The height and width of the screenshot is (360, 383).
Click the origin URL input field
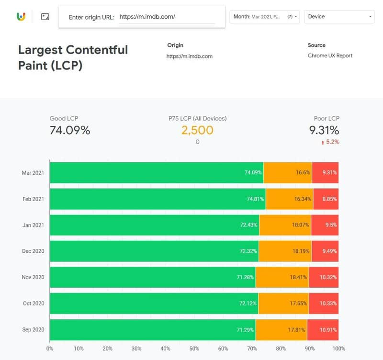point(166,17)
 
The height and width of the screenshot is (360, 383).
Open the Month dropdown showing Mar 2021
point(265,17)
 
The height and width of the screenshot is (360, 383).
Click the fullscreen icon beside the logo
point(45,17)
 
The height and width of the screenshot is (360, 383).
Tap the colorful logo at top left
point(21,17)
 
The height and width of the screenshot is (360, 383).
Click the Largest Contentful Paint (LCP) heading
point(73,57)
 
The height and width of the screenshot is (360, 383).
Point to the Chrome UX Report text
point(330,56)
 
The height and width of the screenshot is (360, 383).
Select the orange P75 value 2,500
point(197,130)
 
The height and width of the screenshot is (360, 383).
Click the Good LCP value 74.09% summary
point(70,130)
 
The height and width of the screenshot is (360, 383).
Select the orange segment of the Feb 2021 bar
point(289,199)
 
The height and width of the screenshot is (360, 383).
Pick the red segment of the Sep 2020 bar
point(323,330)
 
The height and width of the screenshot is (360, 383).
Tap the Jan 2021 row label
point(33,225)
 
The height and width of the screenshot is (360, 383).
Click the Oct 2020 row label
point(33,304)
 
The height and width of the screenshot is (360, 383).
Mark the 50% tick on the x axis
point(194,349)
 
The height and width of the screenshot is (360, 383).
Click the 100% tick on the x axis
point(338,349)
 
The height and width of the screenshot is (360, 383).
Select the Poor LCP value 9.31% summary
point(324,130)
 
